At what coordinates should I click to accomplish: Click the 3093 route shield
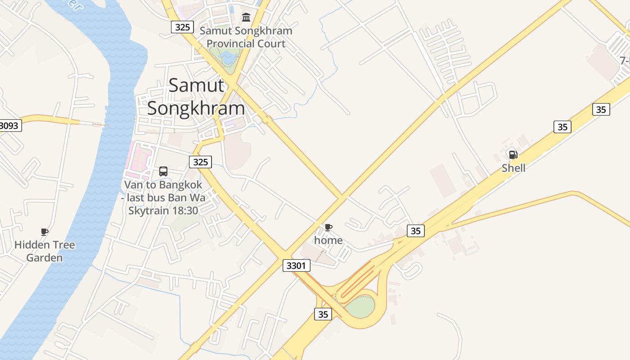[x=9, y=126]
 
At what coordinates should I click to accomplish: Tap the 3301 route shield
[x=297, y=265]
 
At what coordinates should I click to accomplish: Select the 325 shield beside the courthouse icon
[x=182, y=27]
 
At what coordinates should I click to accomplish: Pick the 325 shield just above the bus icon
[x=200, y=162]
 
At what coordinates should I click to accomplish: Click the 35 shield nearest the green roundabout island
[x=323, y=314]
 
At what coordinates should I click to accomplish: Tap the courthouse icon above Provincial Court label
[x=246, y=18]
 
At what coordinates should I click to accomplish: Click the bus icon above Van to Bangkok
[x=163, y=171]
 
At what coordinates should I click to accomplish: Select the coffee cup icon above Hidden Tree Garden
[x=44, y=232]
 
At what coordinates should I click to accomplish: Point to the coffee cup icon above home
[x=328, y=228]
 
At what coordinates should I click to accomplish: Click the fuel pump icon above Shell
[x=513, y=155]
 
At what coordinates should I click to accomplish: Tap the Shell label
[x=513, y=168]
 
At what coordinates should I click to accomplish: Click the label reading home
[x=328, y=240]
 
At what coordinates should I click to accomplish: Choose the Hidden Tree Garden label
[x=45, y=251]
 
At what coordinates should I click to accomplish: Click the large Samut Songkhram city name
[x=196, y=97]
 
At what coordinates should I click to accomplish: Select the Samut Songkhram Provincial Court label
[x=246, y=37]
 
